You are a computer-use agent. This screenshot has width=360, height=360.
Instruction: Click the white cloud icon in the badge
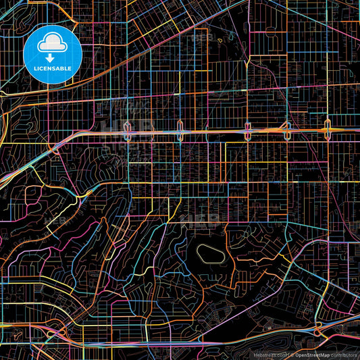(x=53, y=43)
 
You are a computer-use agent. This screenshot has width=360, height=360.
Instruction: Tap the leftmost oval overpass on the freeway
(x=127, y=130)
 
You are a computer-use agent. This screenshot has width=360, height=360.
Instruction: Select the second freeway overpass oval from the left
(x=180, y=130)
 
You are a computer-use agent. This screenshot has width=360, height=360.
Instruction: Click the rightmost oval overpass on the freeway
(x=328, y=128)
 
